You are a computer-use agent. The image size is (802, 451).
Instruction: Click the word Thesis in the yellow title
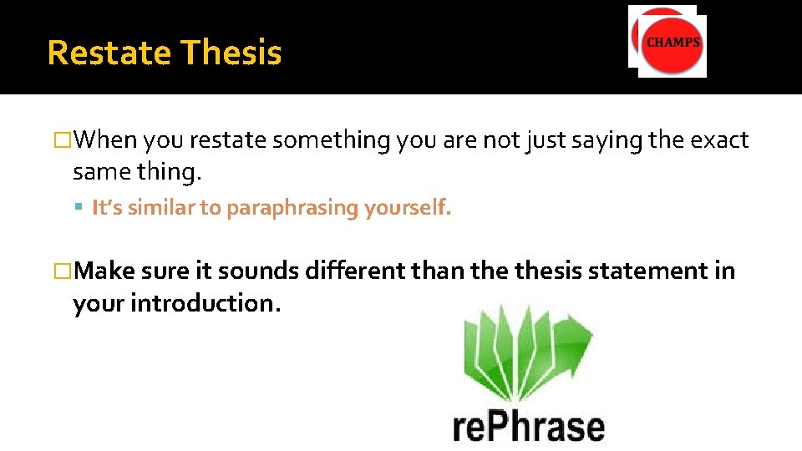(x=231, y=53)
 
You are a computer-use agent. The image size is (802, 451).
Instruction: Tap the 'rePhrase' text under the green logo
(x=528, y=425)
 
